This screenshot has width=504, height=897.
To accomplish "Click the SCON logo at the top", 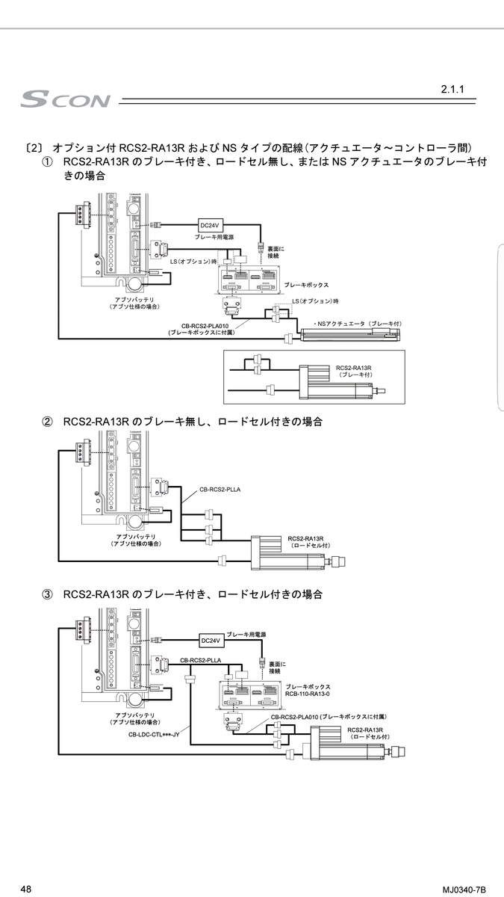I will click(66, 99).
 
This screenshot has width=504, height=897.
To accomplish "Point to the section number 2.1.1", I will click(452, 90).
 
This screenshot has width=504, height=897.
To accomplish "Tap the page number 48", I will click(26, 889).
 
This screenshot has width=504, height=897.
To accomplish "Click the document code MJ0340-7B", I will click(464, 890).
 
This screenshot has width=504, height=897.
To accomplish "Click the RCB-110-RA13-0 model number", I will click(308, 694).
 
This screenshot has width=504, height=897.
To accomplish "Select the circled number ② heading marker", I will click(47, 422).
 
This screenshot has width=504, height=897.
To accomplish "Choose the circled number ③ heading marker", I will click(47, 594).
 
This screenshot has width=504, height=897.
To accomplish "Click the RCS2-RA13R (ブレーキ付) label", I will click(354, 372).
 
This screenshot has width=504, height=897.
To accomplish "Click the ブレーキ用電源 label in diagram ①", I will click(214, 237).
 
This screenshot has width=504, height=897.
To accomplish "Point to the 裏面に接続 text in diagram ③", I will click(278, 668).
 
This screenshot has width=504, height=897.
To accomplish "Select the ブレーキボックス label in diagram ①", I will click(306, 286).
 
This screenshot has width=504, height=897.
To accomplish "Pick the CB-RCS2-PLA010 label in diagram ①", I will click(204, 326).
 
